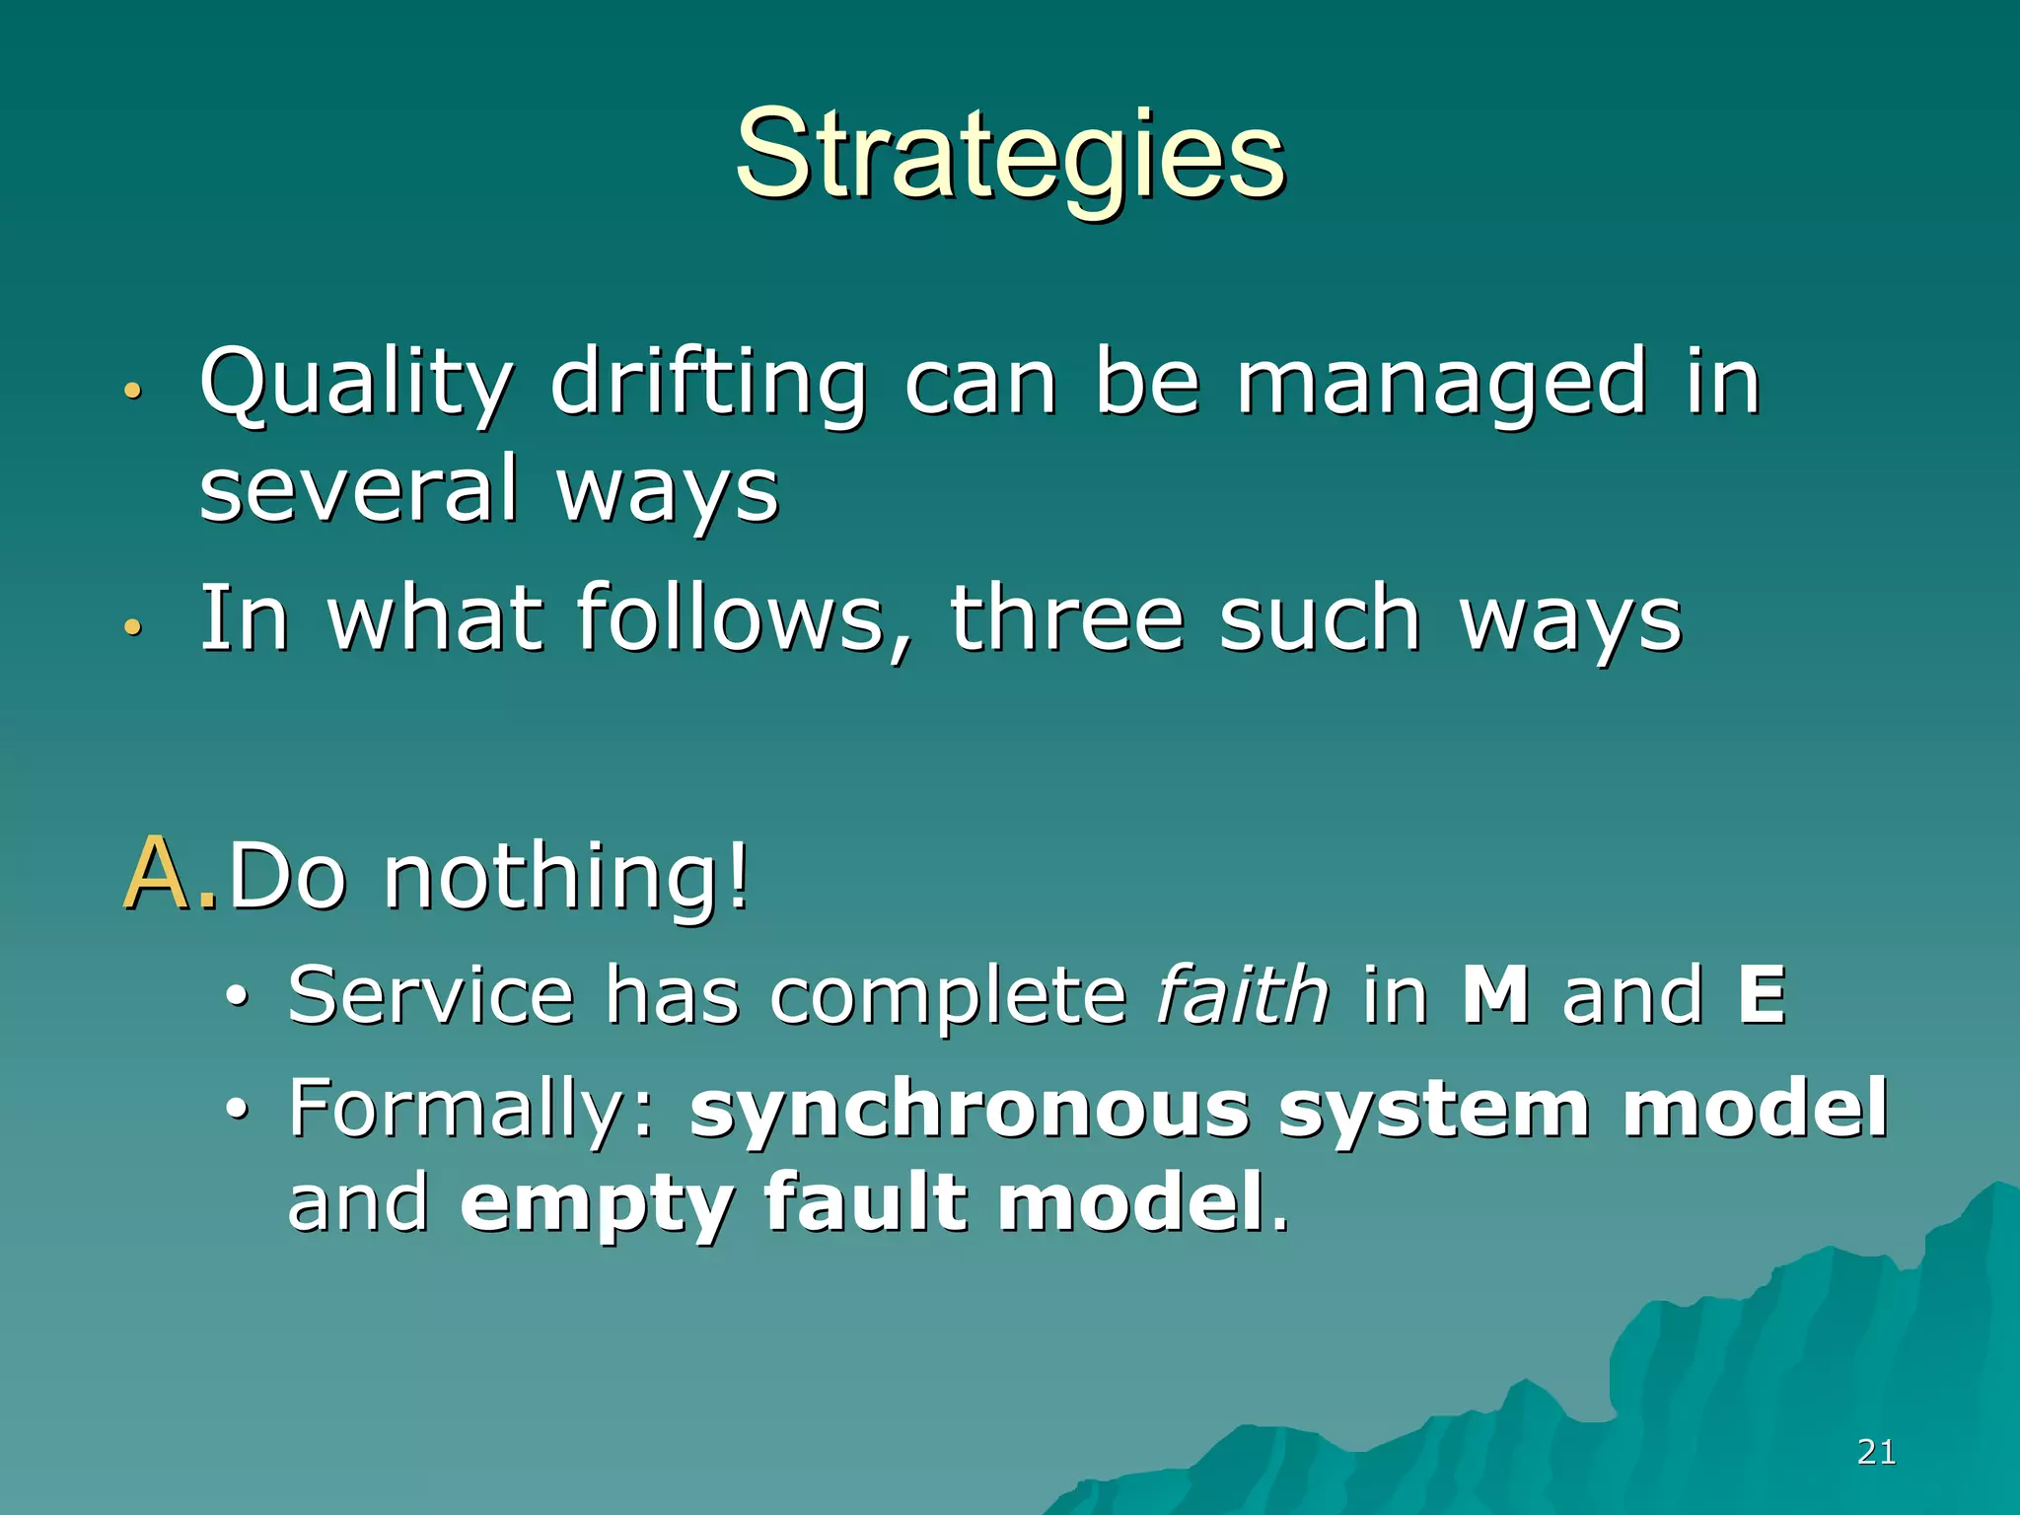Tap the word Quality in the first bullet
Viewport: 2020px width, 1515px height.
[x=356, y=385]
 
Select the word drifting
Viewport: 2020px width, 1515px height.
[x=708, y=385]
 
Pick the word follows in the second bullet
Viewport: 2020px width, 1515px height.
[x=731, y=619]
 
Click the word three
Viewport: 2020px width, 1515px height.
[x=1065, y=619]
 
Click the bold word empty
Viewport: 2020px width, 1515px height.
[x=597, y=1203]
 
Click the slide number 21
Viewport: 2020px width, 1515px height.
[x=1876, y=1452]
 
